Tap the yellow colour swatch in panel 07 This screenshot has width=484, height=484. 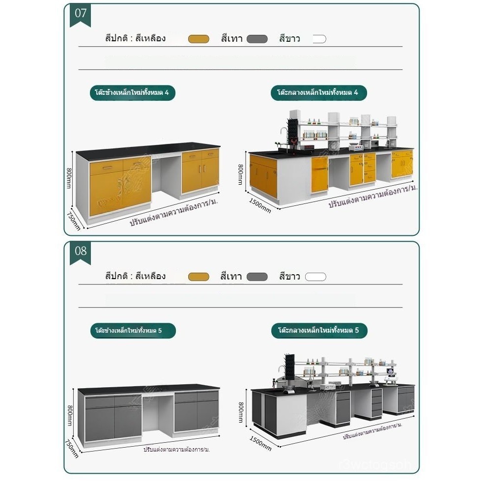(x=199, y=39)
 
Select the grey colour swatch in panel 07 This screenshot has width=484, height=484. (x=257, y=39)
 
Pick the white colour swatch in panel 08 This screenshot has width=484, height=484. (x=315, y=277)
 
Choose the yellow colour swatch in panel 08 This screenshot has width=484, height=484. (x=199, y=277)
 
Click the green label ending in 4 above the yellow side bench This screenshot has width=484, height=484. (x=132, y=92)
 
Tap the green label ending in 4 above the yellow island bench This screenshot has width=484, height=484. (x=318, y=92)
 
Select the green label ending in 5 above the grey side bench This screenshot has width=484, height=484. (x=132, y=331)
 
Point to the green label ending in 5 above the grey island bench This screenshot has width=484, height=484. (x=318, y=331)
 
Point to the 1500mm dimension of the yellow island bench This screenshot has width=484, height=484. (x=259, y=205)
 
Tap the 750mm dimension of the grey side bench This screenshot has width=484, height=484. (x=72, y=448)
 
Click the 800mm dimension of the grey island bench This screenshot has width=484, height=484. (x=241, y=412)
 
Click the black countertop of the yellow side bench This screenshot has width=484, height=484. (x=147, y=150)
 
